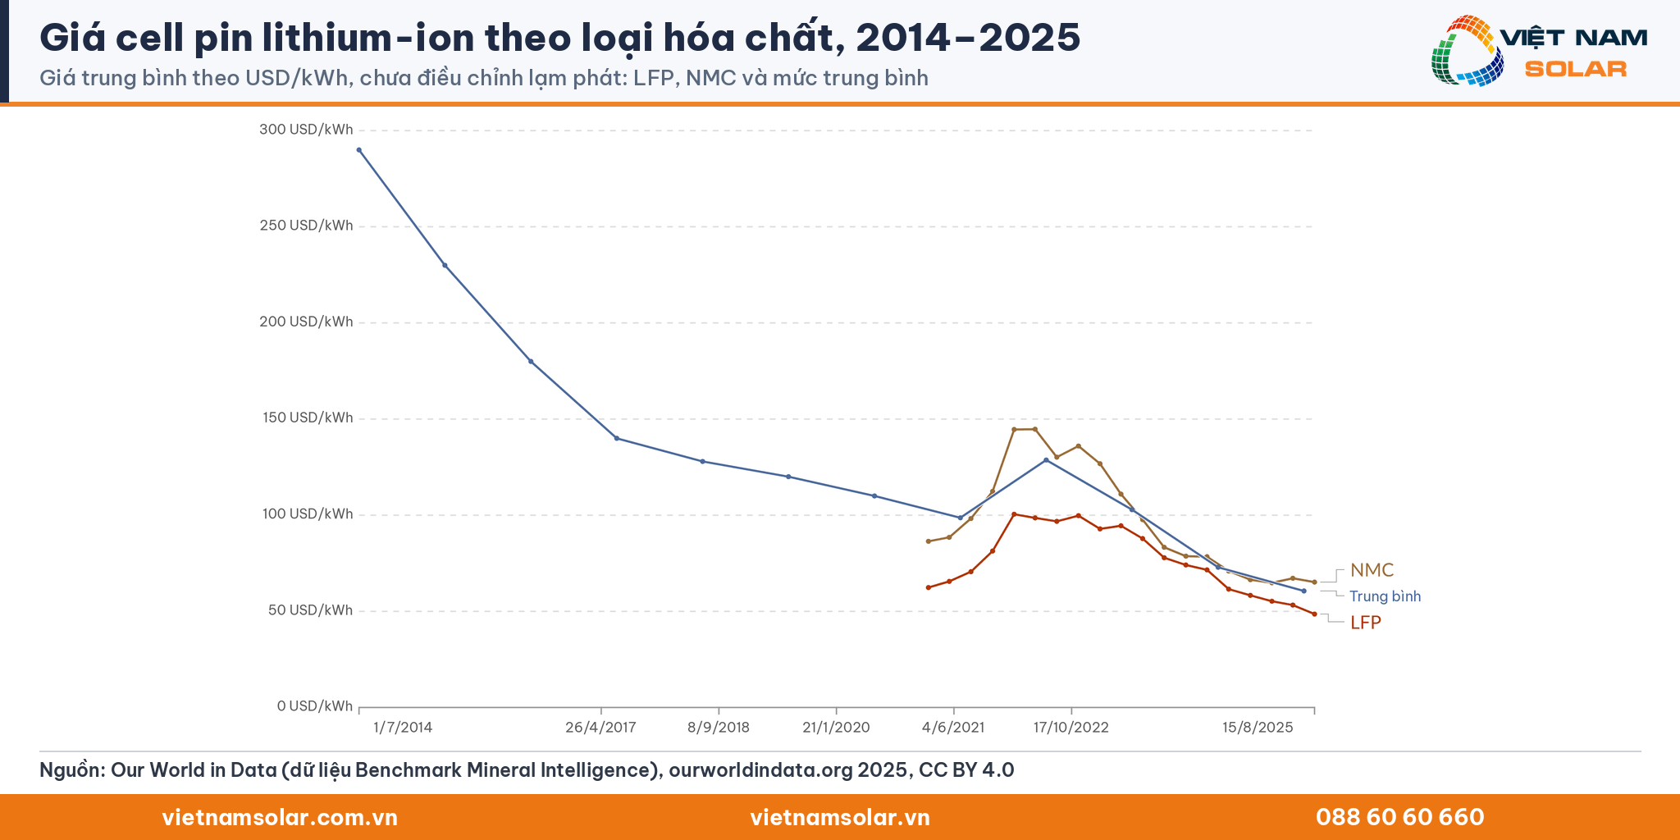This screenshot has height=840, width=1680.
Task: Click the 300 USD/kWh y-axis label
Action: click(x=306, y=130)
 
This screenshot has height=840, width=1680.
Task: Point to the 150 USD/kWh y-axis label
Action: click(x=306, y=418)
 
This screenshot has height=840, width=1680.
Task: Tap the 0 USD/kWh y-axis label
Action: click(x=314, y=706)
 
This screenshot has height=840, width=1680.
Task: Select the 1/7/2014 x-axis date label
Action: click(x=403, y=728)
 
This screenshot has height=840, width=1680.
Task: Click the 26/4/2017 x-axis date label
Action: click(x=600, y=728)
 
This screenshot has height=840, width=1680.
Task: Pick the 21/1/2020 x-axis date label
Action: click(x=836, y=728)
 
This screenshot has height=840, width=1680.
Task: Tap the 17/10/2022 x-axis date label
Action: click(x=1071, y=728)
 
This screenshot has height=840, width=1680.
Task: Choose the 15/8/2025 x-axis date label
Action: click(x=1258, y=728)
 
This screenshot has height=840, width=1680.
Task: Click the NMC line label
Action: click(x=1372, y=570)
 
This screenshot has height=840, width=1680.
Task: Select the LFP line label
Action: click(x=1366, y=623)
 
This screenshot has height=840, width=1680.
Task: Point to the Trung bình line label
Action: click(x=1385, y=596)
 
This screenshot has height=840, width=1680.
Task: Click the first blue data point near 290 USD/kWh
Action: click(x=359, y=150)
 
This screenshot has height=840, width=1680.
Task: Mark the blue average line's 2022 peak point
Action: click(x=1046, y=460)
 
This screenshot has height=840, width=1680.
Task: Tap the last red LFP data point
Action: click(x=1314, y=614)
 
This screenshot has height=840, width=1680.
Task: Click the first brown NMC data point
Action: click(x=928, y=541)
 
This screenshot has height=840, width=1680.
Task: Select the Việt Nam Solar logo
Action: click(x=1539, y=51)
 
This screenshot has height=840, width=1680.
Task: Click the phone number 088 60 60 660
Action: click(x=1399, y=817)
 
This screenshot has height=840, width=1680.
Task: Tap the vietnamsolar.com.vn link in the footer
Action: click(x=280, y=817)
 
